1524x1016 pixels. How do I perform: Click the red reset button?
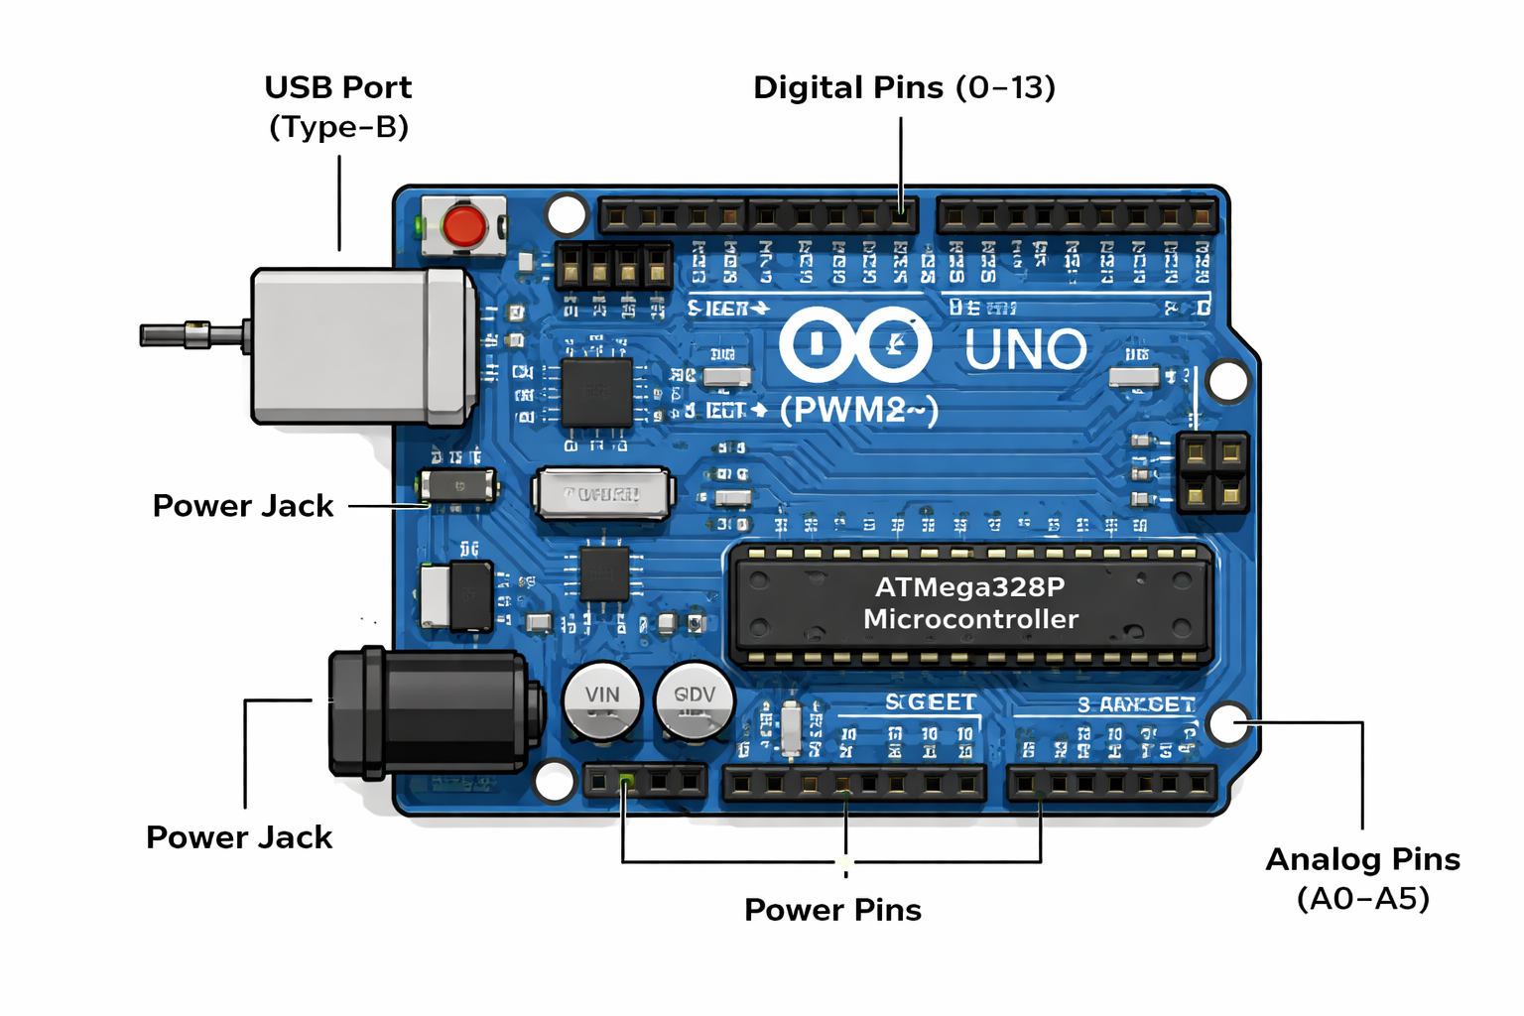click(x=463, y=226)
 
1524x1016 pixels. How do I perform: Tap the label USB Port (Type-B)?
click(x=338, y=106)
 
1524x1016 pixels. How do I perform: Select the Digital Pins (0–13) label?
click(x=904, y=87)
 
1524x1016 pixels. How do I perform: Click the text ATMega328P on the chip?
click(x=969, y=587)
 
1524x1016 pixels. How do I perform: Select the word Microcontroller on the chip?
click(x=970, y=619)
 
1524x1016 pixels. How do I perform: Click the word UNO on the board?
click(x=1026, y=349)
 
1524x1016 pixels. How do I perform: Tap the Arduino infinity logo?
click(x=854, y=345)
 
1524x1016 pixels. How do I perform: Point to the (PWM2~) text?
click(x=858, y=410)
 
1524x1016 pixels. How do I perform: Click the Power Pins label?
click(x=832, y=910)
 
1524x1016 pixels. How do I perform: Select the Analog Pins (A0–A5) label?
click(x=1362, y=878)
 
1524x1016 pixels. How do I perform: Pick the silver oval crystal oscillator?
click(x=603, y=493)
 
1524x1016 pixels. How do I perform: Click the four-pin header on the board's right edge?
click(x=1212, y=471)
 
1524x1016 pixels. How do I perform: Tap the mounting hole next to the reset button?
click(x=567, y=213)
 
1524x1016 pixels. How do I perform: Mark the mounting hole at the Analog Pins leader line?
click(x=1228, y=723)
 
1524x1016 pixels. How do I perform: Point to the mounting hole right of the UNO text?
click(x=1228, y=381)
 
